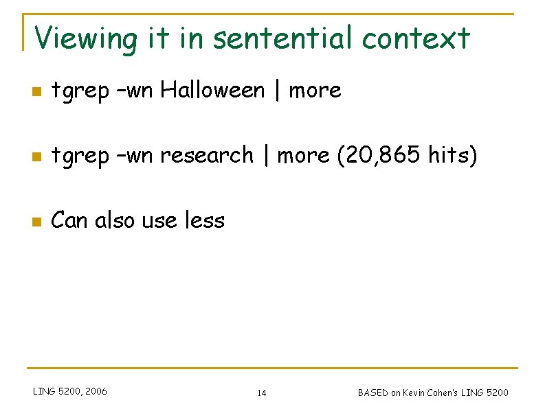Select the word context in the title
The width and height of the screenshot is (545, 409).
pos(416,38)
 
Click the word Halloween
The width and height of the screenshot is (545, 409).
pos(213,90)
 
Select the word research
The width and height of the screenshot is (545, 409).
pos(206,156)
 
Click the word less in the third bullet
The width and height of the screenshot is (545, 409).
pos(205,221)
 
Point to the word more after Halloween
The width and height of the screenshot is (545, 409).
pos(315,90)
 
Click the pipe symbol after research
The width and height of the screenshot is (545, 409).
pos(265,156)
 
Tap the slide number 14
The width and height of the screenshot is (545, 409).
pos(262,393)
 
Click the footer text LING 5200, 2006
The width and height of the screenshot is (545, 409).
pos(70,392)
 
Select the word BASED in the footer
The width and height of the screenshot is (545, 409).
pos(372,393)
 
